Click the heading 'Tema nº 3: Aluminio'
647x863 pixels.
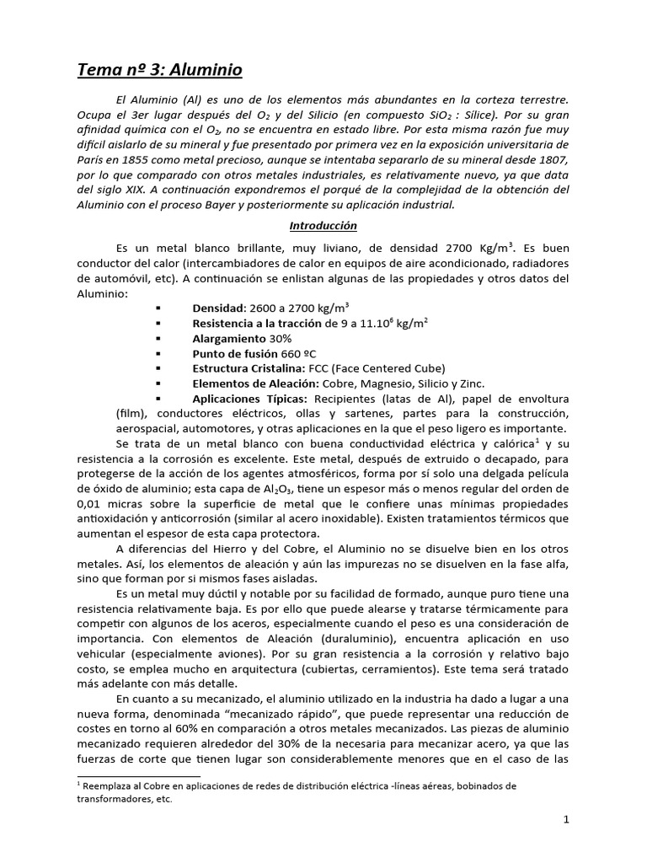(x=160, y=70)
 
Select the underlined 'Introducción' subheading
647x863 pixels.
(x=323, y=226)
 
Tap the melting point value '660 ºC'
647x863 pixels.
(x=310, y=353)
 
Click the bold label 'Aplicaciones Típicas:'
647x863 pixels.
(x=249, y=399)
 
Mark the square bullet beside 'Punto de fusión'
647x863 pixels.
(x=158, y=353)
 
